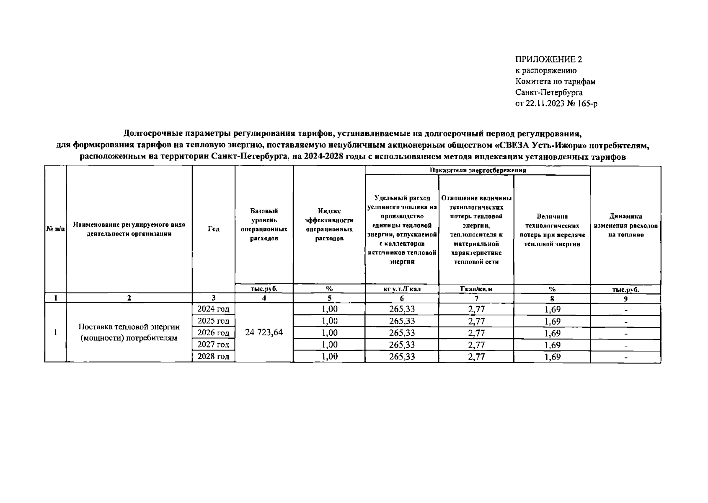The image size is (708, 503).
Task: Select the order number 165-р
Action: [x=587, y=104]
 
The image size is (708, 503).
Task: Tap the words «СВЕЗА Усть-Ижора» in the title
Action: [x=539, y=145]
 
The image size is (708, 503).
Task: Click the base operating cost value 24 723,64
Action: [x=264, y=332]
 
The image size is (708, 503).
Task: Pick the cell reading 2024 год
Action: [x=213, y=309]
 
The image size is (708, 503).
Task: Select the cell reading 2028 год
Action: [x=213, y=356]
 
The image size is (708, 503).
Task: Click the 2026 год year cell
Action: [x=213, y=333]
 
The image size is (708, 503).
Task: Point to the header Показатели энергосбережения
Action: [x=478, y=171]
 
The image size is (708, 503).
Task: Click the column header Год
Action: [x=213, y=229]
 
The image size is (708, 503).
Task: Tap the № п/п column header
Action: [x=55, y=229]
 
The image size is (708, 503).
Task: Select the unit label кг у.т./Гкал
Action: [x=402, y=289]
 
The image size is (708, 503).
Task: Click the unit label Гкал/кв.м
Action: [x=476, y=289]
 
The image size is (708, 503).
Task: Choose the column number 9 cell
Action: [x=625, y=298]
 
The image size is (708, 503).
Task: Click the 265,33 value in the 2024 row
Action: [x=402, y=309]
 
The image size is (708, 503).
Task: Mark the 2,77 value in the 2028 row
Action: [x=476, y=357]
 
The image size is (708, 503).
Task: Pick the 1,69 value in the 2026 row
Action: [x=552, y=333]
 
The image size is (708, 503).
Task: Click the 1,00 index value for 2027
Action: [x=329, y=345]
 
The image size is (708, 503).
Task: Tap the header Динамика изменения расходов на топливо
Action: [x=625, y=226]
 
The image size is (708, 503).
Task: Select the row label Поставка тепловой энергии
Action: [x=129, y=327]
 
